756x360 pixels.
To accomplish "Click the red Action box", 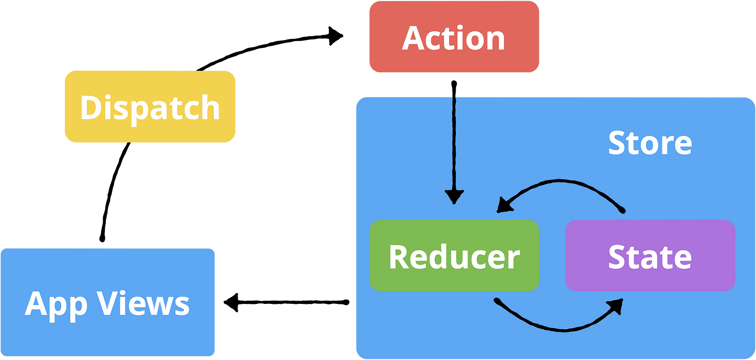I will tap(454, 37).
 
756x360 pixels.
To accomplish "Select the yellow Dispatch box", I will tap(150, 106).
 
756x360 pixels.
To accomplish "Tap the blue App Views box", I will tap(107, 302).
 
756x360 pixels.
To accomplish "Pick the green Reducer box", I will tap(454, 256).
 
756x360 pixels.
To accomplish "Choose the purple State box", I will tap(650, 256).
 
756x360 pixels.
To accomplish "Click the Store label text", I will tap(650, 142).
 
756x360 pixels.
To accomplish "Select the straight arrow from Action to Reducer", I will tap(454, 146).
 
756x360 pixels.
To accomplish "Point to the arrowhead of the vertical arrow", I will tap(454, 198).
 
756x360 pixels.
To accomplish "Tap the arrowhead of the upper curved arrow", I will tap(503, 205).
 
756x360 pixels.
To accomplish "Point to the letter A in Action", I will tap(413, 38).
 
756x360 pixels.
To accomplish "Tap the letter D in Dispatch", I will tap(90, 107).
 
